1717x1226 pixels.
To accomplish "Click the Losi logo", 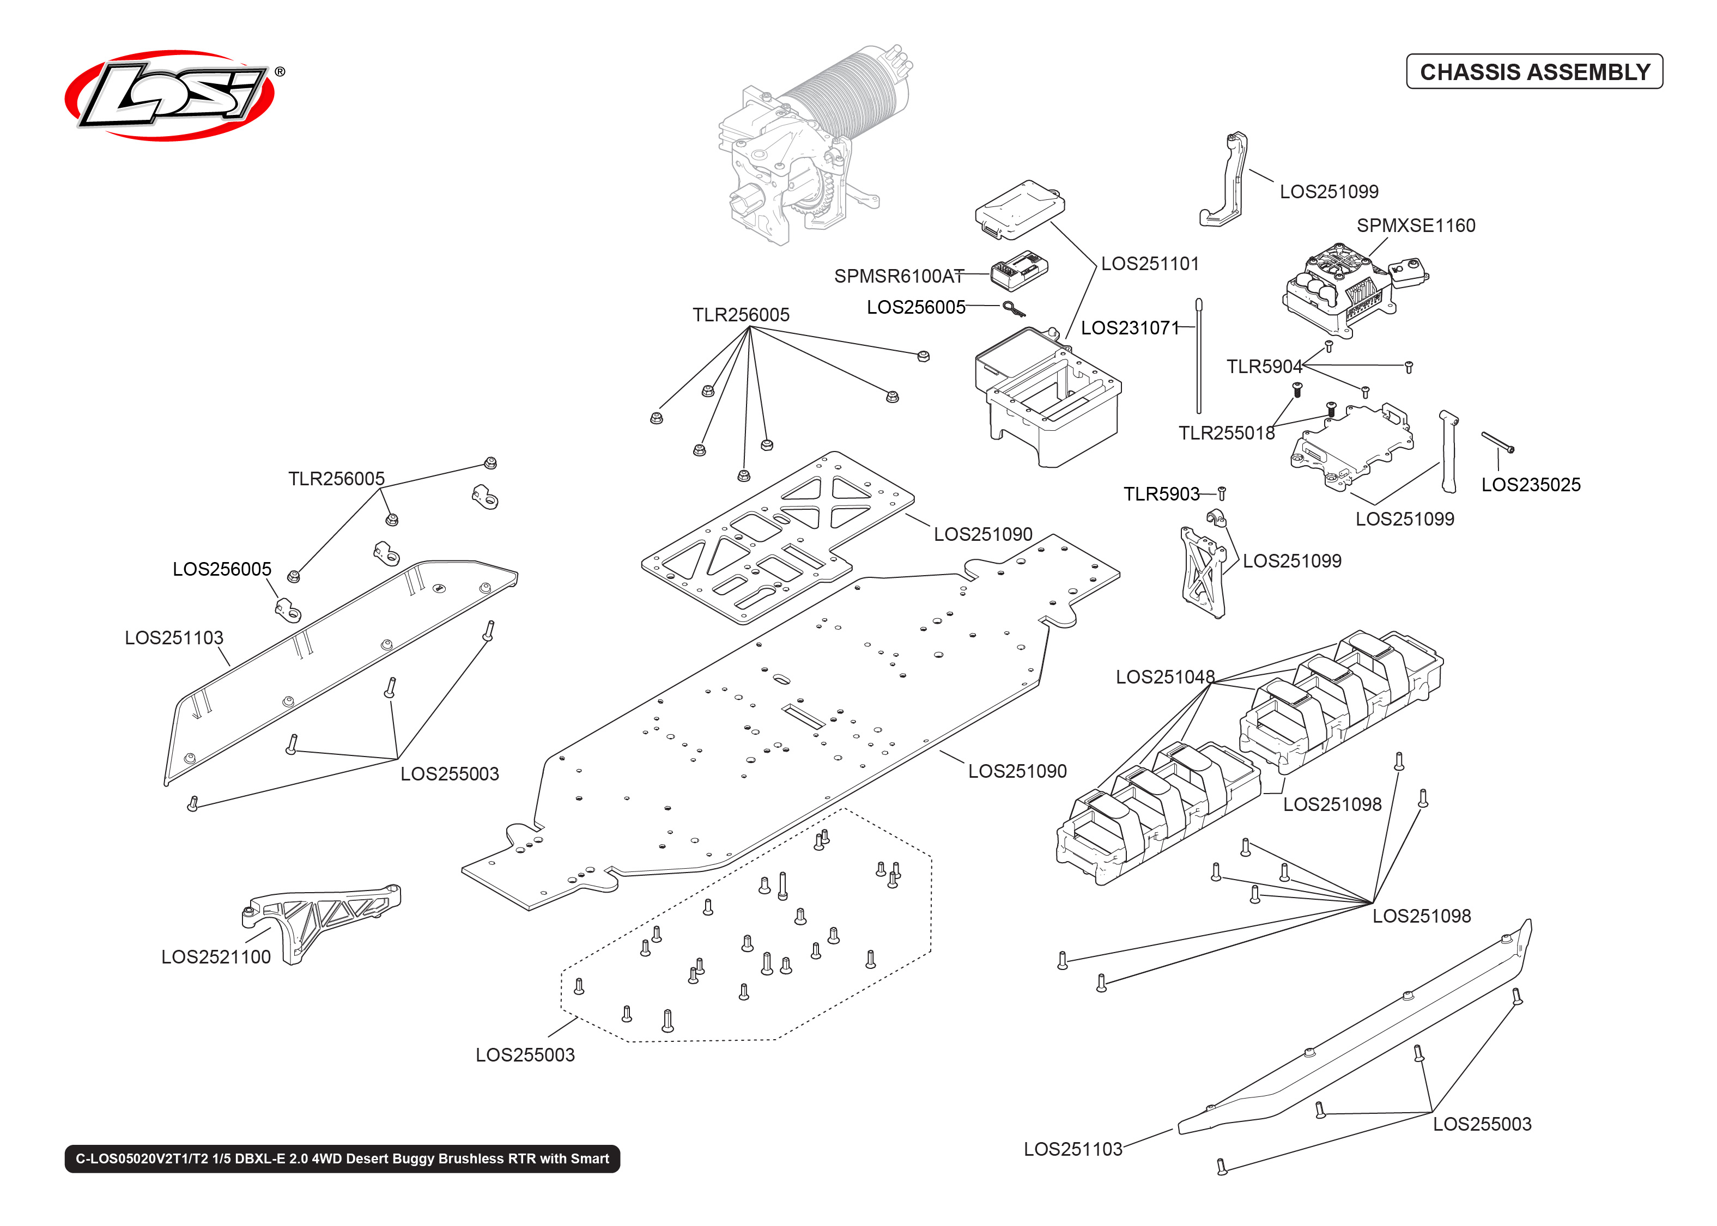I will tap(170, 96).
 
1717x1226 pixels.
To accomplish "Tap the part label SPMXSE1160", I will tap(1415, 225).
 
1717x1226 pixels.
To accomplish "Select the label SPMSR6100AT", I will tap(899, 276).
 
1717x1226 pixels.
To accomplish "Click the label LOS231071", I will tap(1130, 328).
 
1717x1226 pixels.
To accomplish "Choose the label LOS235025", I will tap(1531, 485).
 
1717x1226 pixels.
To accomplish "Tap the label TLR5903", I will tap(1161, 493).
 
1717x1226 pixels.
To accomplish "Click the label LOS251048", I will tap(1165, 676).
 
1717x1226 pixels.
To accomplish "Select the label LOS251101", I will tap(1149, 264).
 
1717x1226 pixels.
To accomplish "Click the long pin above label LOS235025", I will tap(1497, 442).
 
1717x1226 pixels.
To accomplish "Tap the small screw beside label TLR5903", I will tap(1222, 493).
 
